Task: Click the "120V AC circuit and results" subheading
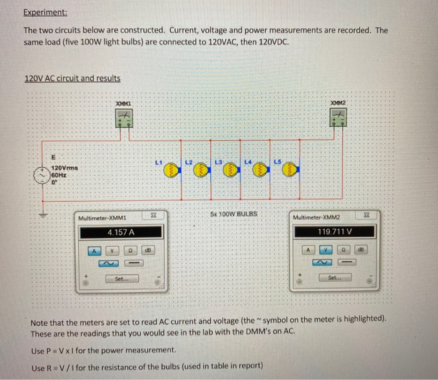(x=72, y=78)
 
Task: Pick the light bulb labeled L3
(x=228, y=170)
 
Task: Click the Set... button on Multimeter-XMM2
(x=335, y=278)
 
